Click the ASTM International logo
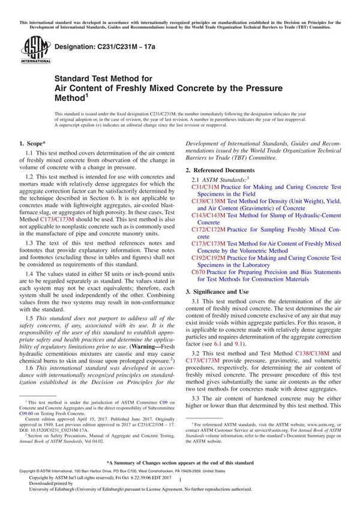coord(31,49)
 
